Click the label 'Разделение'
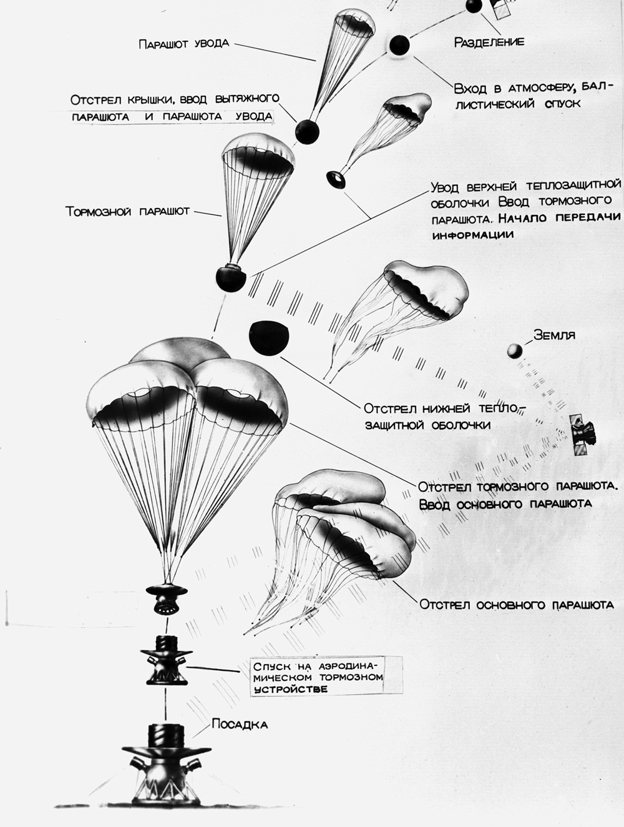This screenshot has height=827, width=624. pos(489,42)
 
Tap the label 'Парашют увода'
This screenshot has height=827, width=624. pos(183,44)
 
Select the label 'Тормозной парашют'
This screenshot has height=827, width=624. pos(127,212)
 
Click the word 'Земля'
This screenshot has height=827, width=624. pos(554,335)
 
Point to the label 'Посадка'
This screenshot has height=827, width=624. pos(240,725)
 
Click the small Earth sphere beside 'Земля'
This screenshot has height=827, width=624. pos(515,350)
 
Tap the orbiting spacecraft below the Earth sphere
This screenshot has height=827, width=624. pos(584,433)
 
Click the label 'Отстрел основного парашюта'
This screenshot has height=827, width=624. pos(517,605)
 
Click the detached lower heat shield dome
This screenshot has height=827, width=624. pos(269,337)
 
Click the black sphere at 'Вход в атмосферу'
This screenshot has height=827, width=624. pos(399,45)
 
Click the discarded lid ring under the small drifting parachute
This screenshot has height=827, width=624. pos(337,180)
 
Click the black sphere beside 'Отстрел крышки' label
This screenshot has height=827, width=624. pos(307,131)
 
